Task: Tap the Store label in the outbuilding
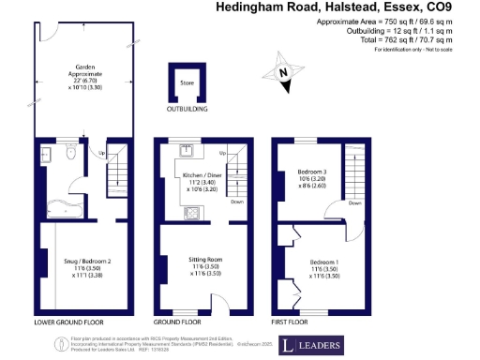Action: [186, 82]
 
